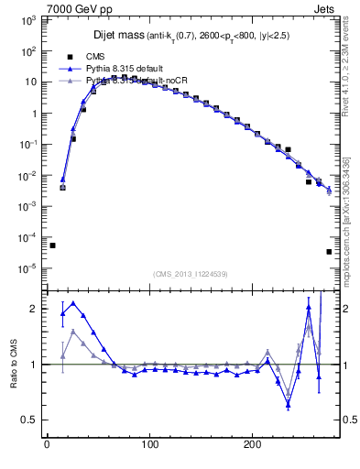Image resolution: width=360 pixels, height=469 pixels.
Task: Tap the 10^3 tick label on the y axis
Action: click(x=30, y=19)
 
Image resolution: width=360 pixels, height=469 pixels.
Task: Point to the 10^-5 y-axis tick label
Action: click(x=30, y=268)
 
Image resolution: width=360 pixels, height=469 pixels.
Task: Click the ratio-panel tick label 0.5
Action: click(x=33, y=420)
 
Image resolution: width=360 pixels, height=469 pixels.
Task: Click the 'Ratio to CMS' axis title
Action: click(x=13, y=364)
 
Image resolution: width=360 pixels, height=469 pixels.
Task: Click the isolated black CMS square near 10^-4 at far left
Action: click(x=52, y=245)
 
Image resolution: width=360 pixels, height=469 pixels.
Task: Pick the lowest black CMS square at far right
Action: click(x=329, y=252)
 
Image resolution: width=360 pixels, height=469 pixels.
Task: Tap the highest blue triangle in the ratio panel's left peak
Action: click(x=73, y=303)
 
